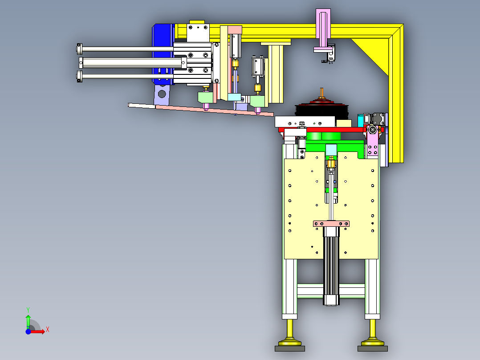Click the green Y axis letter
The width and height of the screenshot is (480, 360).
28,310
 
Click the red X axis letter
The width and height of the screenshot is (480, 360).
48,330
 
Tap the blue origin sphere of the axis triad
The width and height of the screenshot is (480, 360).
28,331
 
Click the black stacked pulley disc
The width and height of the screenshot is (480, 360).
321,109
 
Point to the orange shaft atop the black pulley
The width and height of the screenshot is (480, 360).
321,93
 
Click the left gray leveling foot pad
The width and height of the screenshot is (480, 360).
290,349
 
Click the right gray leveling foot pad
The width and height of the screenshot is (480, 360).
373,349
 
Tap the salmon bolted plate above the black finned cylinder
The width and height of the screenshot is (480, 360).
331,224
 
